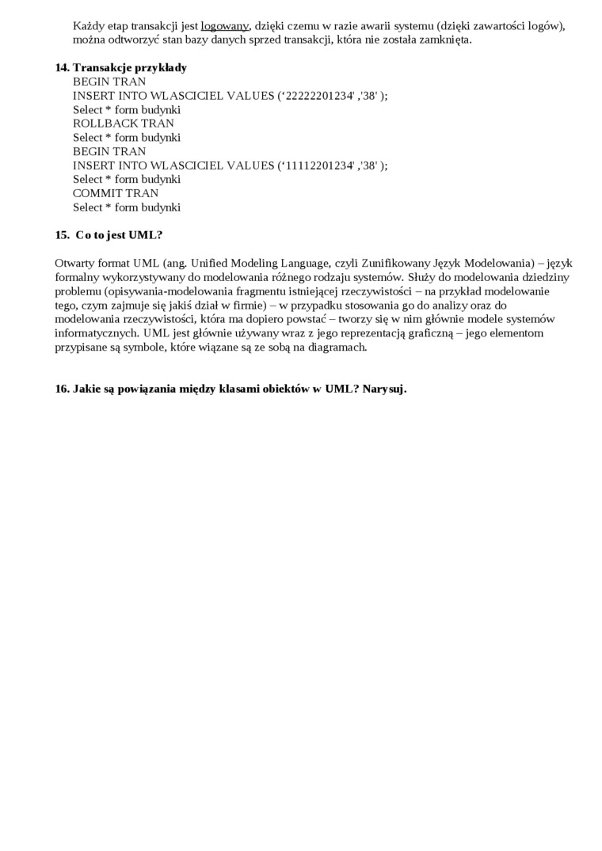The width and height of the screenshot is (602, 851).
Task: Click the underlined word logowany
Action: pos(225,26)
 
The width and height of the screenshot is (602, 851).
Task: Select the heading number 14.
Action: pos(63,68)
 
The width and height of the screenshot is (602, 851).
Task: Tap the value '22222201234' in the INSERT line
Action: pos(316,96)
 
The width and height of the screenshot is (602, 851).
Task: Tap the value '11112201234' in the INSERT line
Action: pos(316,165)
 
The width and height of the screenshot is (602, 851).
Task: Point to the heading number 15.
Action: pos(63,235)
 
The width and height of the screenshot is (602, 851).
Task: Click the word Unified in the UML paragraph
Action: pos(212,264)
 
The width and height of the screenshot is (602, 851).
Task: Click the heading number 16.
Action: pos(63,389)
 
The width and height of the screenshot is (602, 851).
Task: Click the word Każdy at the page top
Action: pos(89,26)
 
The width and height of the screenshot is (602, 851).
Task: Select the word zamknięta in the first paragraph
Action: pos(444,40)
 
